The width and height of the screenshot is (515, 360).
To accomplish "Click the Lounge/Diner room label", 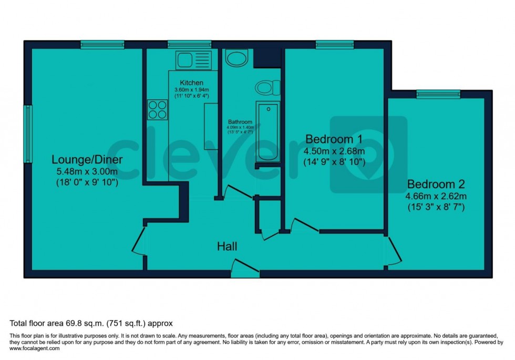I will (x=84, y=159).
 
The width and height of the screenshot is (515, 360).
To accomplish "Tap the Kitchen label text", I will (x=191, y=83).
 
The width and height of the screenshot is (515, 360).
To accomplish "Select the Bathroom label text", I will (x=240, y=122).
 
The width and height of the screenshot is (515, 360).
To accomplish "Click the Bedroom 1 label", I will (x=334, y=140).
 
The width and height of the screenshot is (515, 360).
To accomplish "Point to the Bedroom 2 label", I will (x=436, y=185).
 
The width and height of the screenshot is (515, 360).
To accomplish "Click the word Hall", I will (x=228, y=246).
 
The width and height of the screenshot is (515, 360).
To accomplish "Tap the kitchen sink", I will (x=193, y=59).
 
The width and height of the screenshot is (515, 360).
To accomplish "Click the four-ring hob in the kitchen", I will (x=158, y=110).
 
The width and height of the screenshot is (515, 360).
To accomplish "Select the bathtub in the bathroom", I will (x=268, y=131).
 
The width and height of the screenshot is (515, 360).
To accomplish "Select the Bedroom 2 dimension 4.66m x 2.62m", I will (x=436, y=197).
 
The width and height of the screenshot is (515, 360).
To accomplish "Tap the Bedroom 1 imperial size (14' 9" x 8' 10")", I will (x=334, y=162).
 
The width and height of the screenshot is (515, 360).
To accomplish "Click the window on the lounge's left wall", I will (x=28, y=133).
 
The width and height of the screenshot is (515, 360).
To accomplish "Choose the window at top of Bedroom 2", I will (x=438, y=95).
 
